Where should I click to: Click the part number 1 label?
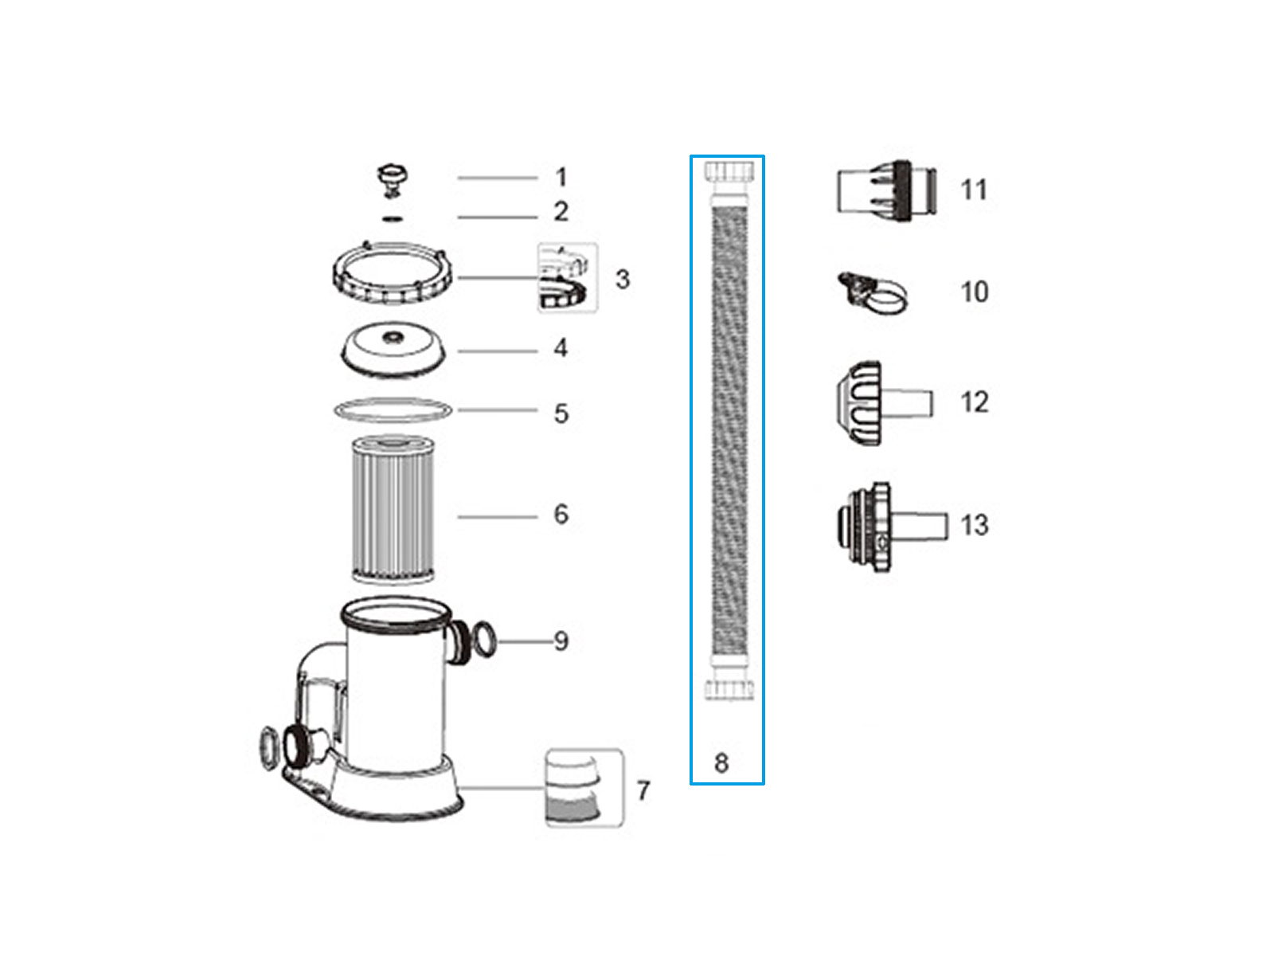tap(560, 178)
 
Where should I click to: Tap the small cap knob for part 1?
tap(393, 181)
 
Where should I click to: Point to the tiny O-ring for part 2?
tap(393, 218)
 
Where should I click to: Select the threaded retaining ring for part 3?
tap(392, 272)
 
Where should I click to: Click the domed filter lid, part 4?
tap(393, 350)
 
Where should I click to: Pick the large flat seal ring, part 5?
tap(393, 409)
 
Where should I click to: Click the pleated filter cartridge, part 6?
tap(393, 509)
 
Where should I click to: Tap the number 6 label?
tap(561, 515)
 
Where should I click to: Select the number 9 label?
tap(561, 641)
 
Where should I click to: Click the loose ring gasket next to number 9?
tap(485, 638)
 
